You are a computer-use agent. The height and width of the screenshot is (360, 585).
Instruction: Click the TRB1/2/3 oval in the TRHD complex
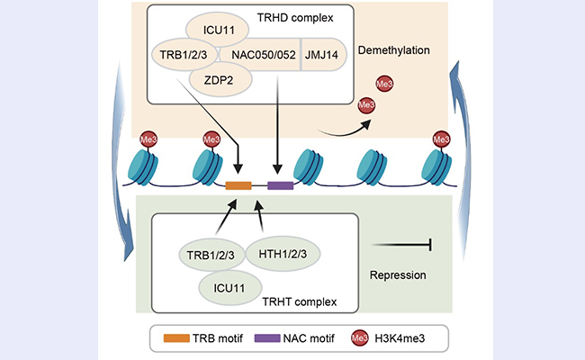tap(185, 54)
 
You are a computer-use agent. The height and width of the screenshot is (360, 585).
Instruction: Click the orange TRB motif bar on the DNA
tap(238, 185)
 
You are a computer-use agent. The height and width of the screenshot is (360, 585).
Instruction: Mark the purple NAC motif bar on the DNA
tap(280, 185)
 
